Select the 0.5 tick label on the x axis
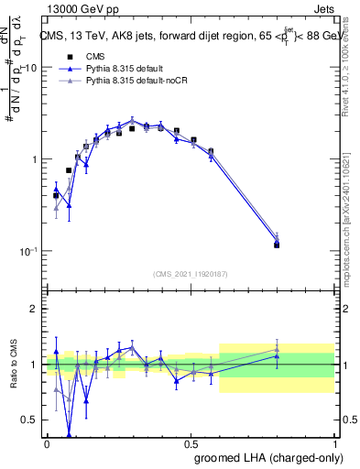tap(191, 442)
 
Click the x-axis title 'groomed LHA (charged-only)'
tap(264, 457)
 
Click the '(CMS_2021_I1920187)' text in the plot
tap(191, 274)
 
